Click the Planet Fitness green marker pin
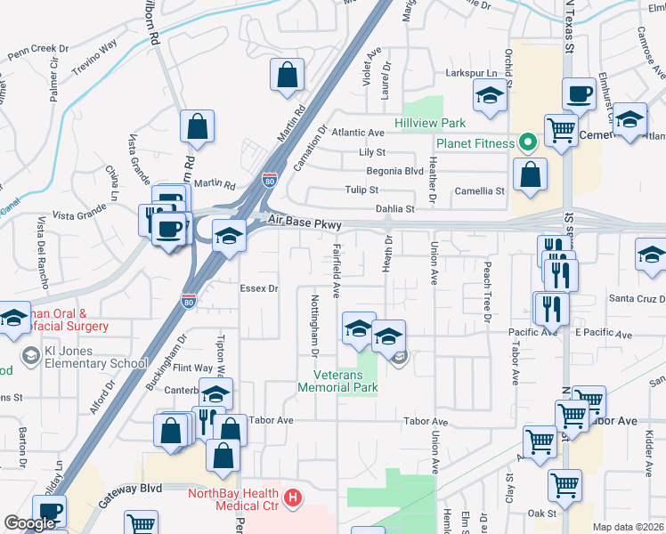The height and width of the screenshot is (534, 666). (x=526, y=142)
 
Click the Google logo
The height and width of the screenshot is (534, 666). (x=30, y=524)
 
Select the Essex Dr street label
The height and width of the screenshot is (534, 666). (x=260, y=288)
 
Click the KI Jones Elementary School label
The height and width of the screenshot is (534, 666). (x=85, y=363)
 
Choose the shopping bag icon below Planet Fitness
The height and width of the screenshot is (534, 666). (x=531, y=177)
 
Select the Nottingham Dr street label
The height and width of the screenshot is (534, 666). (x=315, y=326)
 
